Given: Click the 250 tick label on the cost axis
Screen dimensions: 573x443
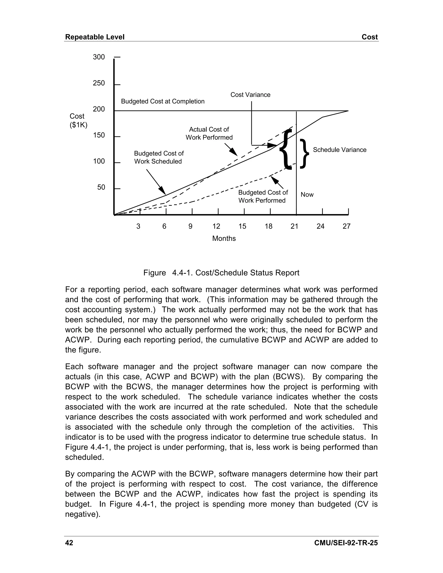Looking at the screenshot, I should tap(99, 83).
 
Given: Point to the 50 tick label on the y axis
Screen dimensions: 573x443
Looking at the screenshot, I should tap(101, 187).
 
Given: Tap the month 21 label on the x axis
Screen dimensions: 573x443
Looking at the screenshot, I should tap(294, 226).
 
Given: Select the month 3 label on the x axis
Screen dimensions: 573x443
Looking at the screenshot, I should tap(138, 226).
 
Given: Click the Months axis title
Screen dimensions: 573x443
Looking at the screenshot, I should tap(224, 238).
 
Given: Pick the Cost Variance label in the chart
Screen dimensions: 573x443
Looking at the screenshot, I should tap(250, 95).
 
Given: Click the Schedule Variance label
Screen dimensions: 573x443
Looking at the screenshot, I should tap(339, 150).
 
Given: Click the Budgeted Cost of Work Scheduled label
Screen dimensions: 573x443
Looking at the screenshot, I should tap(159, 157).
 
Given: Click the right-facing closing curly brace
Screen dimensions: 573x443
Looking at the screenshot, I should tap(304, 154).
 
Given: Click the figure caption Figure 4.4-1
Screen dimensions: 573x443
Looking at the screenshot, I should tap(221, 273).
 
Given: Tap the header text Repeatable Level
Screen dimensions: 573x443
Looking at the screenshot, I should tap(95, 37).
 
